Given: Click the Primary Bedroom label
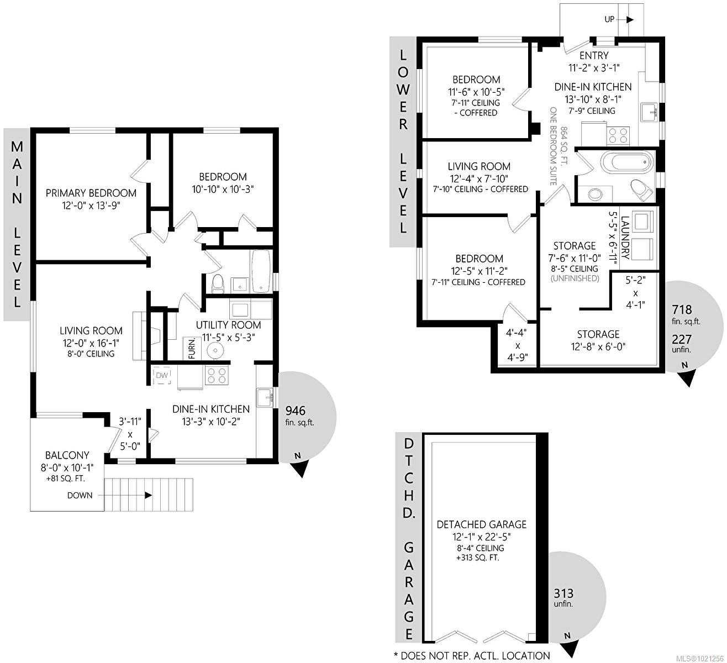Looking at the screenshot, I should [x=91, y=193].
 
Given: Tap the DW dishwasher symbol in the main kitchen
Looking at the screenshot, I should [x=162, y=376].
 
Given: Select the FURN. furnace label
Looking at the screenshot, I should [x=192, y=349].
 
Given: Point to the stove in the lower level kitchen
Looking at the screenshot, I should [x=618, y=135].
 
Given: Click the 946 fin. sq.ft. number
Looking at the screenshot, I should [x=295, y=411].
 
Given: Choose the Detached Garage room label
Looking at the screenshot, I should [x=481, y=524].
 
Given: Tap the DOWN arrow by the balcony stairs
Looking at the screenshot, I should [x=148, y=495].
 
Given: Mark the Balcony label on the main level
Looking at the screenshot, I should [x=67, y=455].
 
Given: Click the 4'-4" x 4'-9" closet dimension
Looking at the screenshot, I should [x=517, y=345].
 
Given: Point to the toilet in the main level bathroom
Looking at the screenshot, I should [x=218, y=283].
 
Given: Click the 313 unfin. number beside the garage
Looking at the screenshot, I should [x=563, y=593].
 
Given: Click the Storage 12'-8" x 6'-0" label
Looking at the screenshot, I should [x=598, y=334].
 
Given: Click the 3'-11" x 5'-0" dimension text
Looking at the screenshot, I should [x=129, y=434].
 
